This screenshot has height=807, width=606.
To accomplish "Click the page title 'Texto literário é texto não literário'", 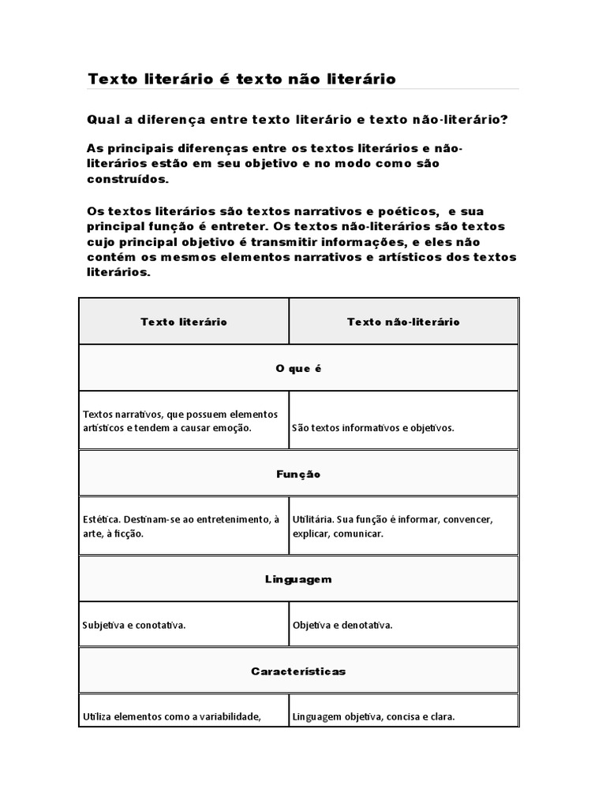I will [x=241, y=79].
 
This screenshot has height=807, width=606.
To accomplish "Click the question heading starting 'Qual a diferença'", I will [x=297, y=119].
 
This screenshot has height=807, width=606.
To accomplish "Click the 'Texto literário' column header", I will [x=184, y=322].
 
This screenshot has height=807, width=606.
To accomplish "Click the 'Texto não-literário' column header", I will [x=403, y=322].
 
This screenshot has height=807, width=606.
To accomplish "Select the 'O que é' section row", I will [x=299, y=368].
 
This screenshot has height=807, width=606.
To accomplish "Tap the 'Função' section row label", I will [x=298, y=474].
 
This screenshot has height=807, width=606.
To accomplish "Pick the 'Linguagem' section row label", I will [x=298, y=579].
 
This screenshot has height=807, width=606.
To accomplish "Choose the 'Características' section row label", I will [x=298, y=671].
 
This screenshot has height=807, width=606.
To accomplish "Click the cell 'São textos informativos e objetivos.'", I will [x=373, y=428].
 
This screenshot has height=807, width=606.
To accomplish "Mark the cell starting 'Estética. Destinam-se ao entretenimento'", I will [x=181, y=526].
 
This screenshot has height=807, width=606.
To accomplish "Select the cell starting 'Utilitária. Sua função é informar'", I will [x=392, y=526].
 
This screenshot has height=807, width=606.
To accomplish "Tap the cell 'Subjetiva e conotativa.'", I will [x=134, y=625].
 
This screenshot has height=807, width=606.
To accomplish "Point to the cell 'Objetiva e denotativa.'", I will [x=342, y=625].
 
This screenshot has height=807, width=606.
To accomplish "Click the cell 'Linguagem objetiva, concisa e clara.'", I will [x=374, y=717].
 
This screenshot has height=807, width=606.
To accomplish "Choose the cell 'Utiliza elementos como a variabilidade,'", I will [x=171, y=717].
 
